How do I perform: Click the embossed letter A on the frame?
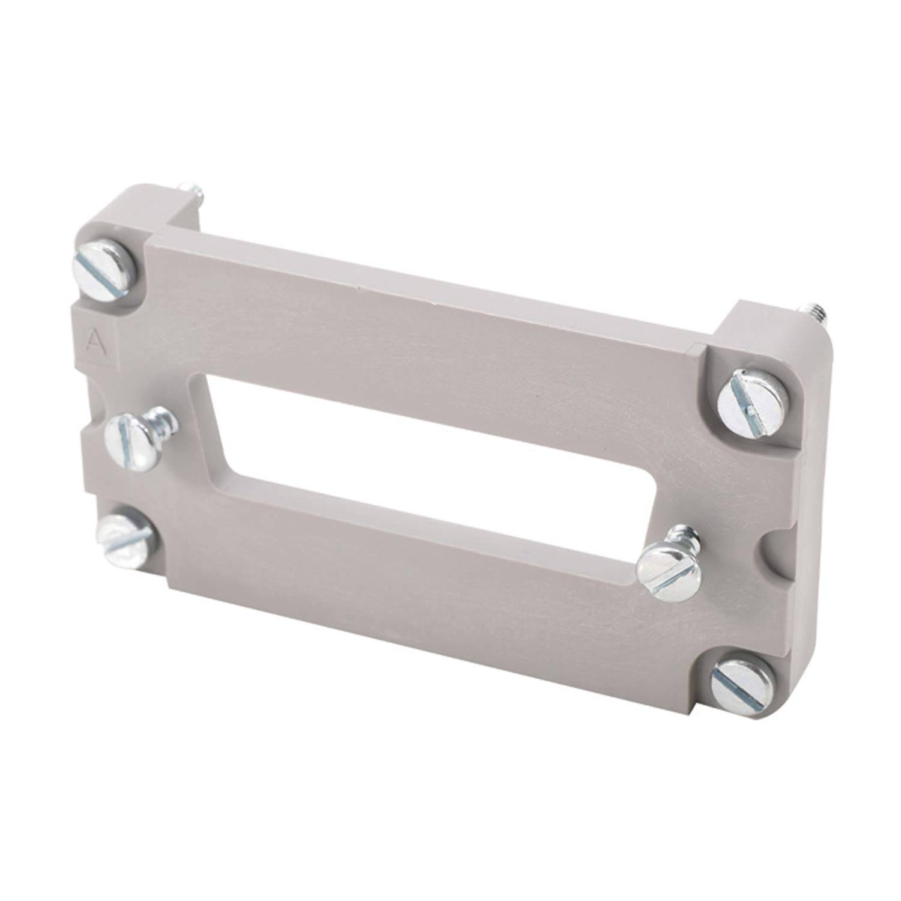tap(93, 341)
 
